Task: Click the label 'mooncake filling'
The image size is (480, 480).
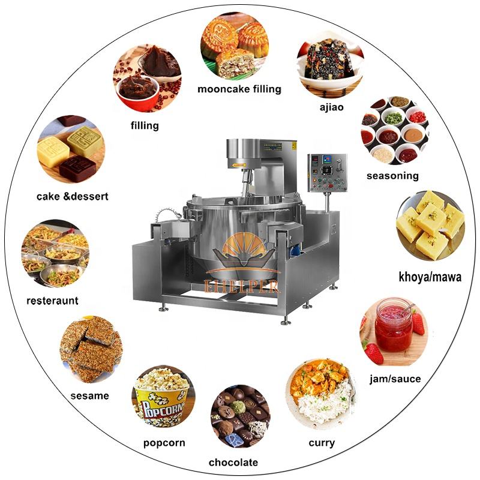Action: tap(239, 89)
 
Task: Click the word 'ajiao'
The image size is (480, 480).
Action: tap(331, 107)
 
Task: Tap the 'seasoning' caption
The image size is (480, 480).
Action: tap(392, 176)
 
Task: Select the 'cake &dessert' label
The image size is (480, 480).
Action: tap(73, 196)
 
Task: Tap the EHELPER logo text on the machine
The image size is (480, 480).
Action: tap(242, 285)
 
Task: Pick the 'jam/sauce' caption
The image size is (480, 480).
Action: tap(394, 379)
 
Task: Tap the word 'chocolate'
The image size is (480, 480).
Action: tap(233, 462)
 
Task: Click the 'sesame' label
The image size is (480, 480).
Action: tap(89, 395)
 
